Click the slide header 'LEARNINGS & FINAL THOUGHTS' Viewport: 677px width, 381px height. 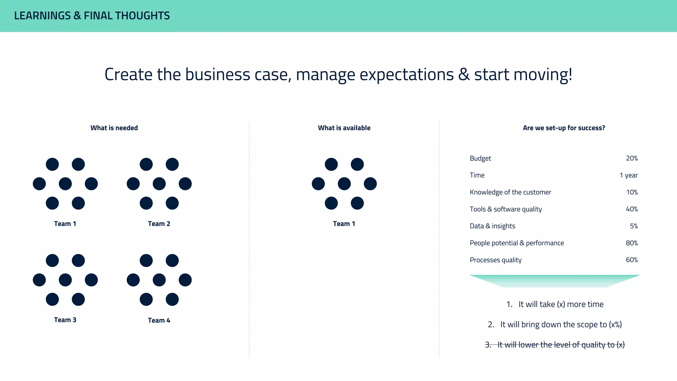pos(92,16)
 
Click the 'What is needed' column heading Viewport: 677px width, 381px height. pos(114,128)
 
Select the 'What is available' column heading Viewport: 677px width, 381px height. pos(344,128)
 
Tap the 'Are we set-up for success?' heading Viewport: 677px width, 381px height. pos(564,128)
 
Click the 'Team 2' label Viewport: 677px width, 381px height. pos(159,224)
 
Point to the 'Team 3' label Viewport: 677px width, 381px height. pos(65,320)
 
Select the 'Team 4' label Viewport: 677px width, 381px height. pos(159,320)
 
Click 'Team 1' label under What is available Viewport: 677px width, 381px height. pos(344,224)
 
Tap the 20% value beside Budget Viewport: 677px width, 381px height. pos(632,158)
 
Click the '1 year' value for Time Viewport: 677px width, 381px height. pos(628,175)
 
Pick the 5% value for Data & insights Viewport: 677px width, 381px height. pos(634,226)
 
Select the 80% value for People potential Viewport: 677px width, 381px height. pos(632,243)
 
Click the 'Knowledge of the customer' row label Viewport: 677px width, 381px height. pos(510,192)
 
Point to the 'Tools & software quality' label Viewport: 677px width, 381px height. pos(506,209)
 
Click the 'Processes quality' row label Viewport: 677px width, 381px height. pos(496,260)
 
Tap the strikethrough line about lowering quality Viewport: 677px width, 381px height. pos(555,345)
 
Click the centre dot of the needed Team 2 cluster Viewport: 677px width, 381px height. pos(159,184)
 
